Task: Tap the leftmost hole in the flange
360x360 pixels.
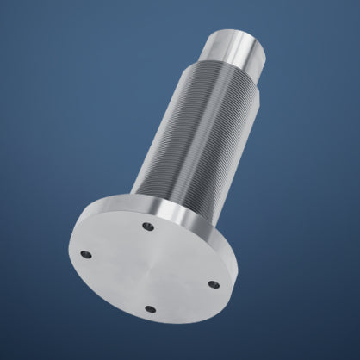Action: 85,254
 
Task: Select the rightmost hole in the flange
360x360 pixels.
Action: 214,284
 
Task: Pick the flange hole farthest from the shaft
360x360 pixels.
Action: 150,308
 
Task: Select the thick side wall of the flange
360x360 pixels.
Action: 226,258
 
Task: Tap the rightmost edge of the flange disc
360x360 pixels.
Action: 239,276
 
